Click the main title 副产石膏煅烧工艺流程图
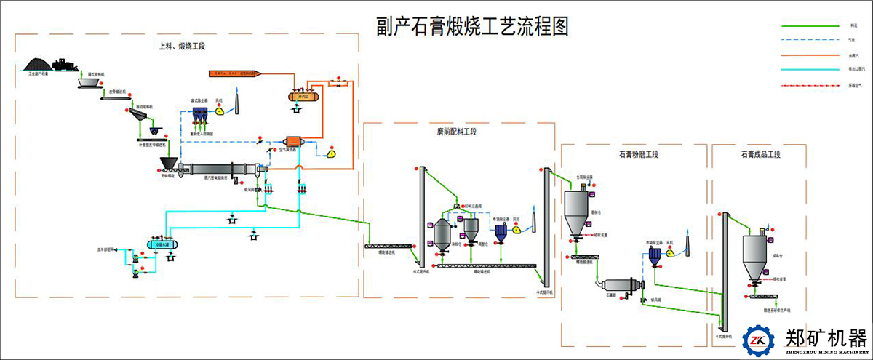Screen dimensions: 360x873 pyautogui.click(x=471, y=27)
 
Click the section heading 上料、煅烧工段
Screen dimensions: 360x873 pyautogui.click(x=182, y=46)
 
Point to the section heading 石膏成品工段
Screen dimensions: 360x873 pyautogui.click(x=760, y=154)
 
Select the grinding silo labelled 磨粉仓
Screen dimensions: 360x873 pyautogui.click(x=576, y=209)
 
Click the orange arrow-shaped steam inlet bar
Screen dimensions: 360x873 pyautogui.click(x=236, y=73)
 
